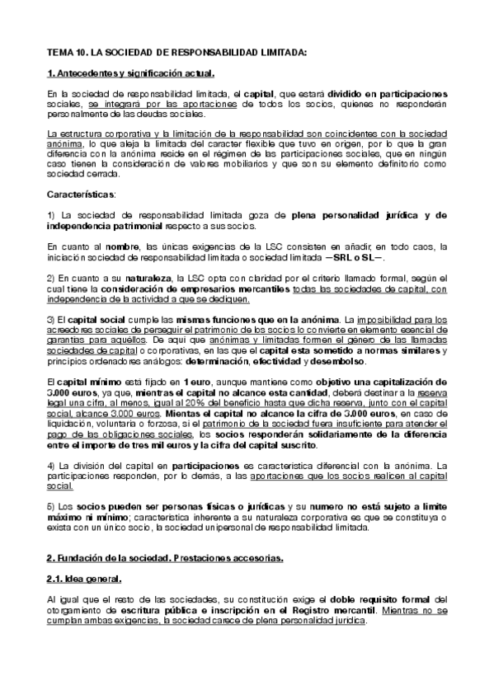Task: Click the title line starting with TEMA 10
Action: pyautogui.click(x=177, y=52)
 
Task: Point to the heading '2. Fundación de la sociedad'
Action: pyautogui.click(x=165, y=559)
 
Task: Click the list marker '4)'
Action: pyautogui.click(x=52, y=466)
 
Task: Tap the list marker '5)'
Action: pyautogui.click(x=52, y=503)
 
